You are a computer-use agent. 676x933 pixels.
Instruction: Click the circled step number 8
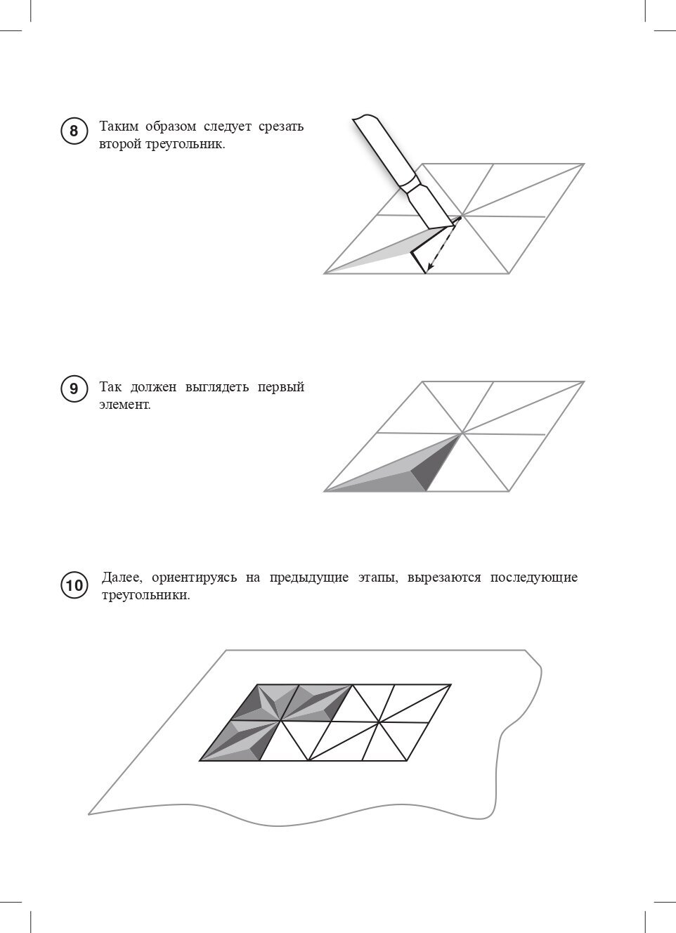coord(74,131)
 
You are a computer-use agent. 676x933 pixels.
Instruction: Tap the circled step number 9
coord(74,389)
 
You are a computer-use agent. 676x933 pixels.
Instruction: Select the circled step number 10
coord(74,585)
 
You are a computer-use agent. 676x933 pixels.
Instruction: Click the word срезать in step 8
coord(280,127)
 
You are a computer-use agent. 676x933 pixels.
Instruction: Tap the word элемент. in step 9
coord(125,405)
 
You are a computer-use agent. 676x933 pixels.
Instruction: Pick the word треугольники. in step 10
coord(145,595)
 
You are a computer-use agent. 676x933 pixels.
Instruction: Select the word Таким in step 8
coord(119,127)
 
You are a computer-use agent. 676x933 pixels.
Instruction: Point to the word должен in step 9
coord(155,387)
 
